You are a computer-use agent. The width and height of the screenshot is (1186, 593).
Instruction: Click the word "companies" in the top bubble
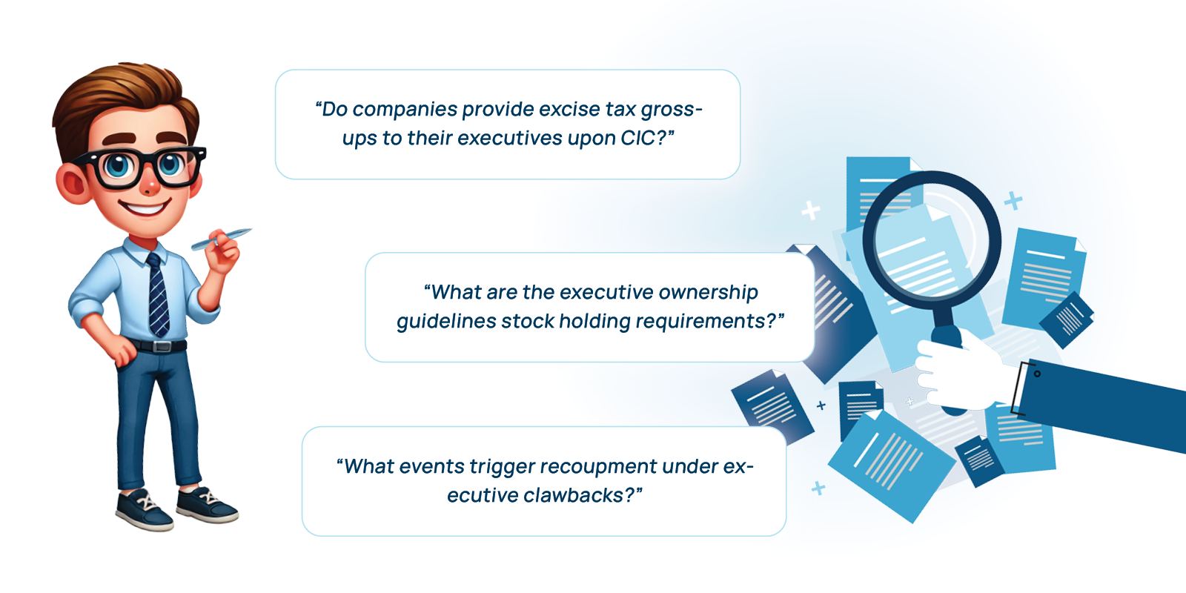point(405,110)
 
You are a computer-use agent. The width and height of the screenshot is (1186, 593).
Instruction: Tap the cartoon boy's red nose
point(150,186)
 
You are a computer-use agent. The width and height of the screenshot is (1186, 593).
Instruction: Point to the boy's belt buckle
point(162,347)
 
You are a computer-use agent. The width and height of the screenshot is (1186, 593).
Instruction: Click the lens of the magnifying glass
point(932,240)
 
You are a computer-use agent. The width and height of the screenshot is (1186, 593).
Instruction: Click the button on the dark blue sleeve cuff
point(1037,374)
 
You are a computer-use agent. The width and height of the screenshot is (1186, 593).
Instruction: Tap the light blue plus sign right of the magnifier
point(1013,200)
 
